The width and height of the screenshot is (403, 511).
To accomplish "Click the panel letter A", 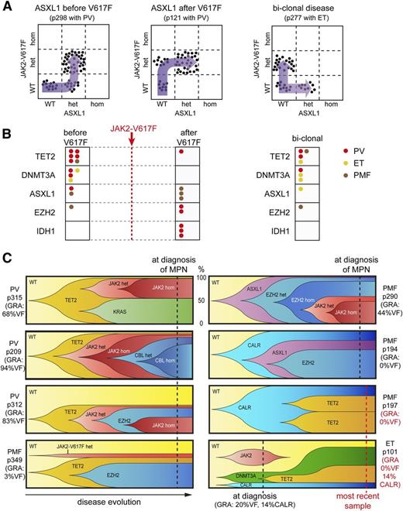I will [x=8, y=8].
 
